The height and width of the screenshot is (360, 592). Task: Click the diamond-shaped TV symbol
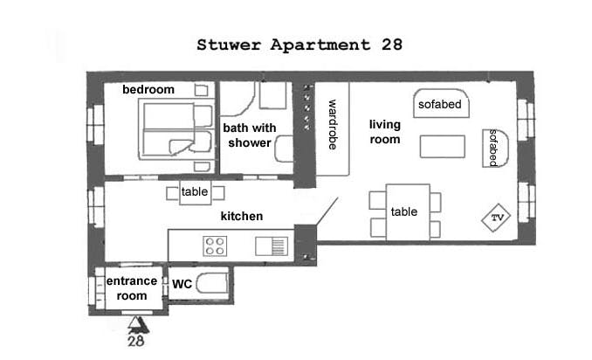tap(496, 218)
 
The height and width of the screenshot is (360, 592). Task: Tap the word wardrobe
tap(333, 125)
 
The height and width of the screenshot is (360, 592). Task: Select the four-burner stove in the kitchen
tap(215, 246)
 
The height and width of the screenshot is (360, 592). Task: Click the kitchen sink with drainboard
tap(272, 246)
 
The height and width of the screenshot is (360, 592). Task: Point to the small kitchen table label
tap(195, 191)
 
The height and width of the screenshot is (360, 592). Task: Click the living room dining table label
tap(404, 211)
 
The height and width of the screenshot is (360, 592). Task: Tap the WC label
tap(182, 284)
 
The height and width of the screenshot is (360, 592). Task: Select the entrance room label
tap(131, 288)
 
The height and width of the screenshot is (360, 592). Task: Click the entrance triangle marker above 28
tap(134, 322)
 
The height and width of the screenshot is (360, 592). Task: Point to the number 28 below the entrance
tap(136, 341)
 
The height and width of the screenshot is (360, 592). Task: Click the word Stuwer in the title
tap(229, 45)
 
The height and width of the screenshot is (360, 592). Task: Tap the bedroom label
tap(148, 89)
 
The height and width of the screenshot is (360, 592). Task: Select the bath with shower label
tap(250, 135)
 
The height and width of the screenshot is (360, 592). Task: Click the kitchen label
tap(242, 216)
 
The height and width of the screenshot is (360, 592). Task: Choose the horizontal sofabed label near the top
tap(440, 104)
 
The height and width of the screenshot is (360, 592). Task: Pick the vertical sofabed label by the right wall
tap(493, 148)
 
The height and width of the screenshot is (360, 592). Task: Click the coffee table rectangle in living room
tap(443, 147)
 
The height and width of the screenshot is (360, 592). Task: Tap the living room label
tap(385, 132)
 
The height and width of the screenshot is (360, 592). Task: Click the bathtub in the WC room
tap(212, 284)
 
